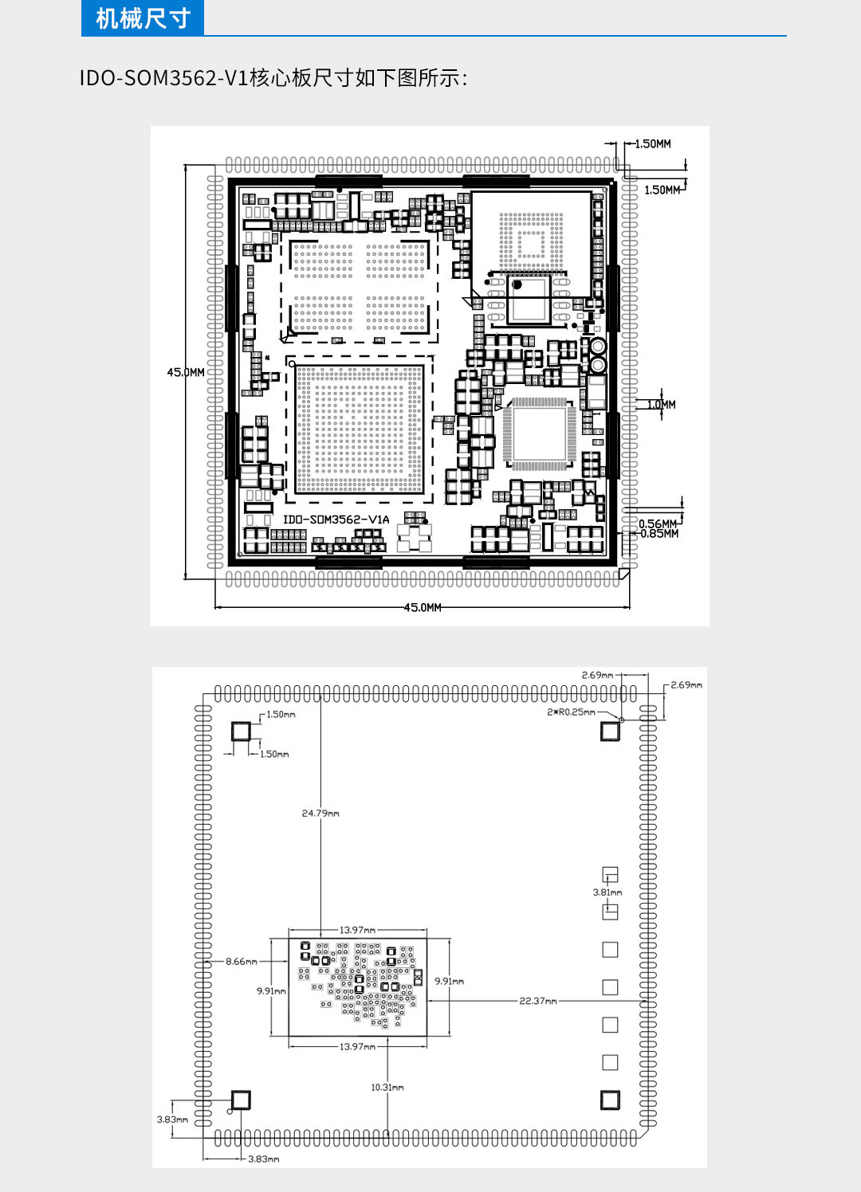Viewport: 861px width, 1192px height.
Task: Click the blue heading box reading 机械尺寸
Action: point(142,18)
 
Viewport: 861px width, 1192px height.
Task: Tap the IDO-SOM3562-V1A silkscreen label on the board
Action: point(336,520)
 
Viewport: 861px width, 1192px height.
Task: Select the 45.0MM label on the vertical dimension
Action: point(185,372)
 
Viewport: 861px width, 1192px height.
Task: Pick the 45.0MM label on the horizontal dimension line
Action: point(423,607)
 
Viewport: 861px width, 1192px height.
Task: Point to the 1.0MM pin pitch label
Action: point(662,405)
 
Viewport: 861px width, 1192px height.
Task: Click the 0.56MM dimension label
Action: point(657,523)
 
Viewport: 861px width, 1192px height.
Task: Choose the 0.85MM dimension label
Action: point(659,534)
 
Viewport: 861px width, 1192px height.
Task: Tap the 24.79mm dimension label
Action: point(320,813)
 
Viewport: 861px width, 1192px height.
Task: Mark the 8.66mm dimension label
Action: point(242,962)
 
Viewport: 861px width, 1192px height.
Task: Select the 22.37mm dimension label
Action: point(538,1001)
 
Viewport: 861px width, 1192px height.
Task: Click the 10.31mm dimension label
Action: point(387,1087)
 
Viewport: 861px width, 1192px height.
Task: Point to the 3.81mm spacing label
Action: point(607,892)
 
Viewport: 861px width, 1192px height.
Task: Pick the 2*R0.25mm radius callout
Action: point(571,712)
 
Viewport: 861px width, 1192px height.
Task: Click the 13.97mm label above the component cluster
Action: point(357,930)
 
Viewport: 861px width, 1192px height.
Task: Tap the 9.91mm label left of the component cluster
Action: point(271,991)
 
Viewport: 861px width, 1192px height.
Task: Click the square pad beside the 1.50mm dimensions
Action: point(240,731)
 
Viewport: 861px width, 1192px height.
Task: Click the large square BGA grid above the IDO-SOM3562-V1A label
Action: point(360,429)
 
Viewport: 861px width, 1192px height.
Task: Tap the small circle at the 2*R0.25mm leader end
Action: point(621,720)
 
